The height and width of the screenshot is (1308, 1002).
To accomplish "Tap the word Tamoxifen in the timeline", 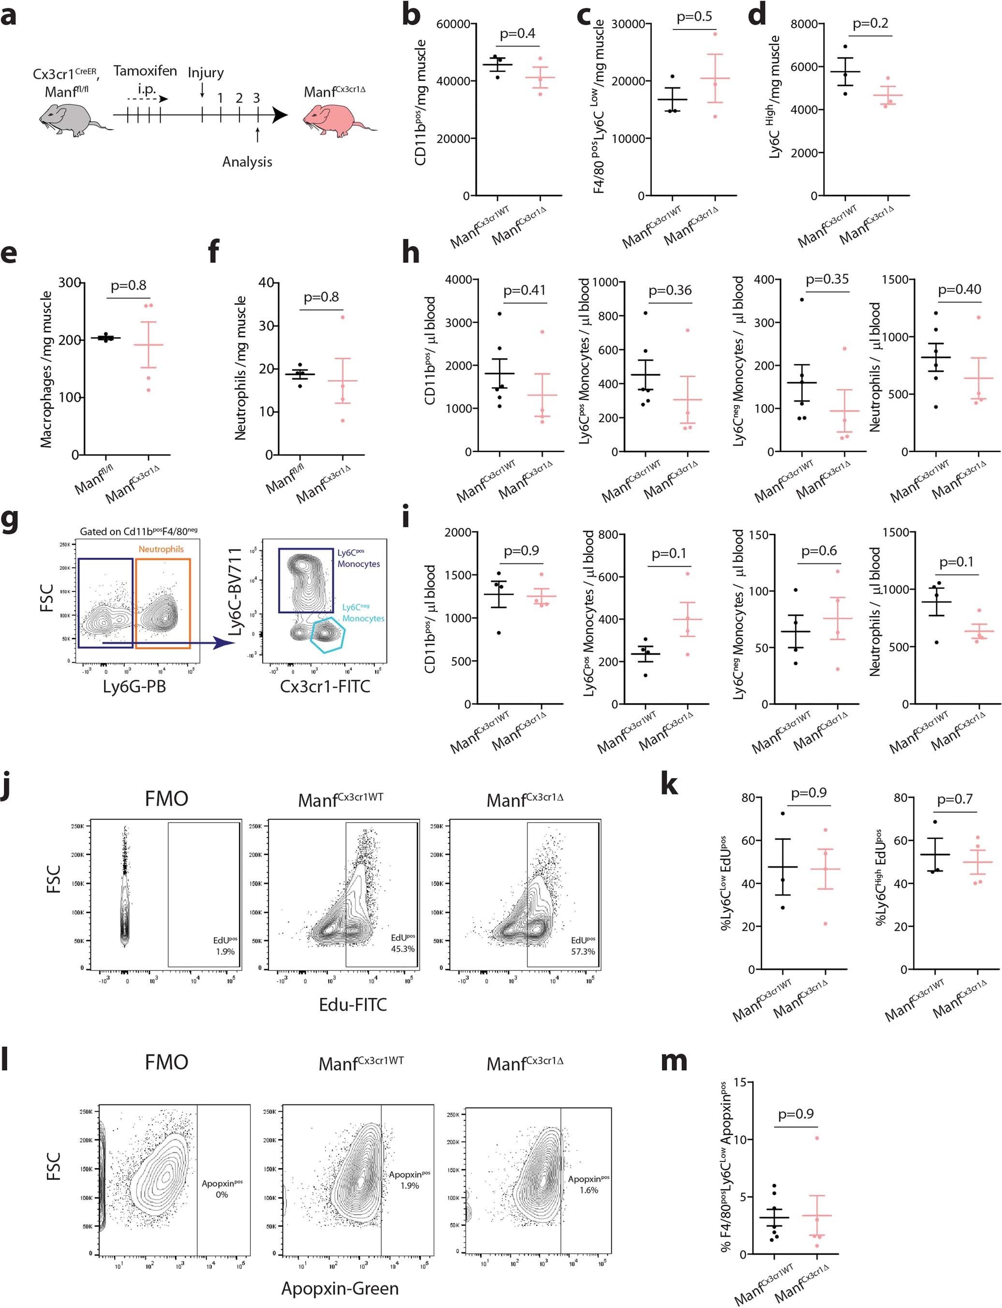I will point(145,71).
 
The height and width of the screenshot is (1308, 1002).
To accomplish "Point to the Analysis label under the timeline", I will point(247,162).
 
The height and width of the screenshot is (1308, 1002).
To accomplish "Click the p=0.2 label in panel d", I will point(870,24).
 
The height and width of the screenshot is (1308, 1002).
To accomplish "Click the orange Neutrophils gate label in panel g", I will point(161,549).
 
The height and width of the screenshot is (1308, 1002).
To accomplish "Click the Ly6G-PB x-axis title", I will point(134,687).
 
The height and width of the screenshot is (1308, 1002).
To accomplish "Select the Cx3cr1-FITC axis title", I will point(325,687).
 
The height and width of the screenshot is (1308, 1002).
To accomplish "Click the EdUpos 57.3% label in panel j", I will point(583,946).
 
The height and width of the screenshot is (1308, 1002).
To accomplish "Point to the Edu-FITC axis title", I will point(353,1004).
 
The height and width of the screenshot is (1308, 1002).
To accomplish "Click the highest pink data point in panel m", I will point(817,1138).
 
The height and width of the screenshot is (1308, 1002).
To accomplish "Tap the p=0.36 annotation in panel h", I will point(670,291).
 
